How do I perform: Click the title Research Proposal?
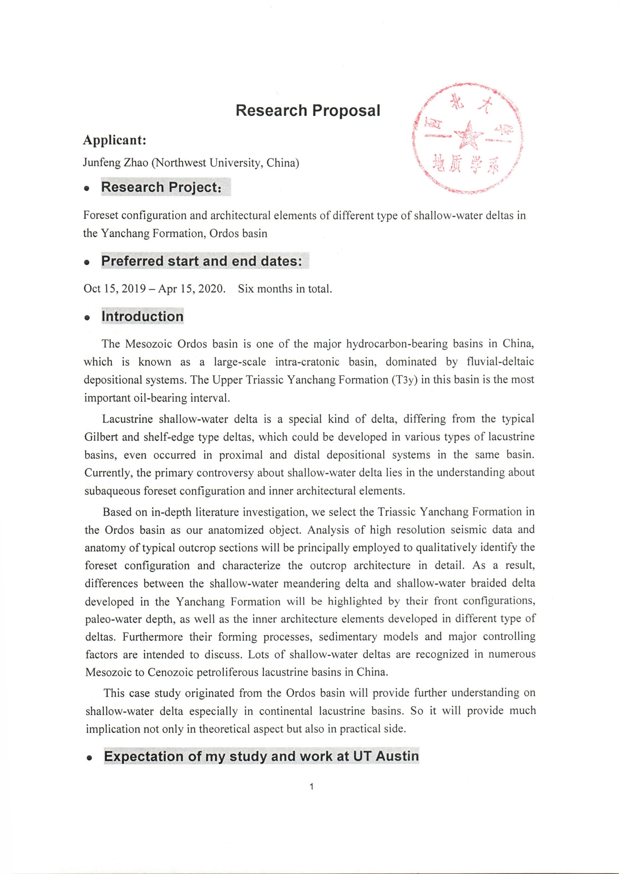click(308, 111)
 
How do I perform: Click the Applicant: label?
click(115, 140)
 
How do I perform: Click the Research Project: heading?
click(161, 187)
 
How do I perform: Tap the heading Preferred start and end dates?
click(201, 261)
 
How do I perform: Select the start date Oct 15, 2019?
click(115, 288)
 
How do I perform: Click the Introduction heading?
click(142, 316)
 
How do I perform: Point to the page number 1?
click(312, 786)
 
